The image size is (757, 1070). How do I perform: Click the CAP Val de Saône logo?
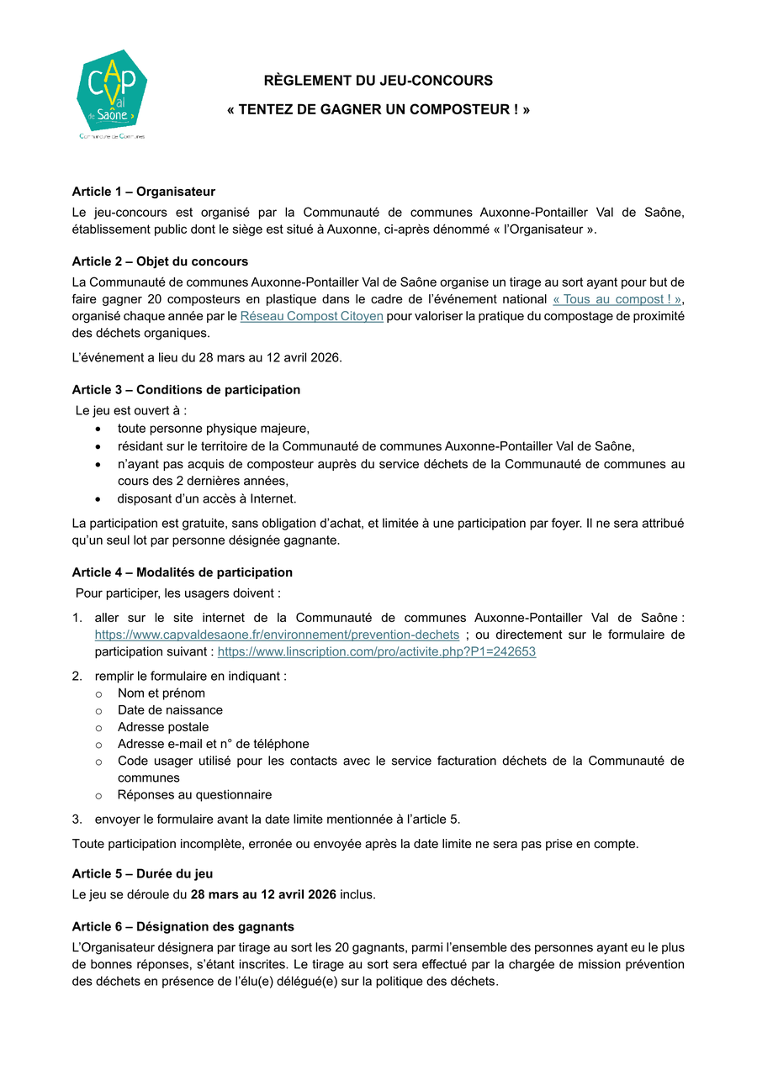coord(112,93)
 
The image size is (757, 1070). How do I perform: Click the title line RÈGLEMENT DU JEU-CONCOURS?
coord(378,81)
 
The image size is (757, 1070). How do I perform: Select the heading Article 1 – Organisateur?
coord(143,192)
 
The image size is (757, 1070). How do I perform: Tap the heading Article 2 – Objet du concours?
coord(160,261)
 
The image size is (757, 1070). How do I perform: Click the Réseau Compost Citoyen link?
coord(311,316)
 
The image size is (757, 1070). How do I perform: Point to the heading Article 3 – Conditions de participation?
coord(186,390)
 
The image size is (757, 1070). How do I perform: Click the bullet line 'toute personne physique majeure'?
coord(214,428)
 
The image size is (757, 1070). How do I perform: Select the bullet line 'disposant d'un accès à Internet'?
coord(207,498)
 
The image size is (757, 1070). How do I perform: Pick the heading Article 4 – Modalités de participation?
coord(183,572)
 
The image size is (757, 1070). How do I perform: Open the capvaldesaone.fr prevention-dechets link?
coord(277,635)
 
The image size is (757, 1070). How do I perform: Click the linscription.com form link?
coord(376,651)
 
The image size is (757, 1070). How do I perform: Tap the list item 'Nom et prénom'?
coord(161,693)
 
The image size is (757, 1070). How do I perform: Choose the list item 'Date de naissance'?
coord(170,710)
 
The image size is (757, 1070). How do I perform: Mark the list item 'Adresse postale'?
coord(163,727)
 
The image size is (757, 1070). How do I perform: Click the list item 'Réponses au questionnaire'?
coord(194,794)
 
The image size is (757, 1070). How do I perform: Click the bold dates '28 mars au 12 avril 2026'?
coord(263,894)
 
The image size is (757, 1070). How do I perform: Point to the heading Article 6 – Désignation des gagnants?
coord(183,927)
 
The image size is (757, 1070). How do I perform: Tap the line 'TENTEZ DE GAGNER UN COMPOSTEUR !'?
coord(378,110)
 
